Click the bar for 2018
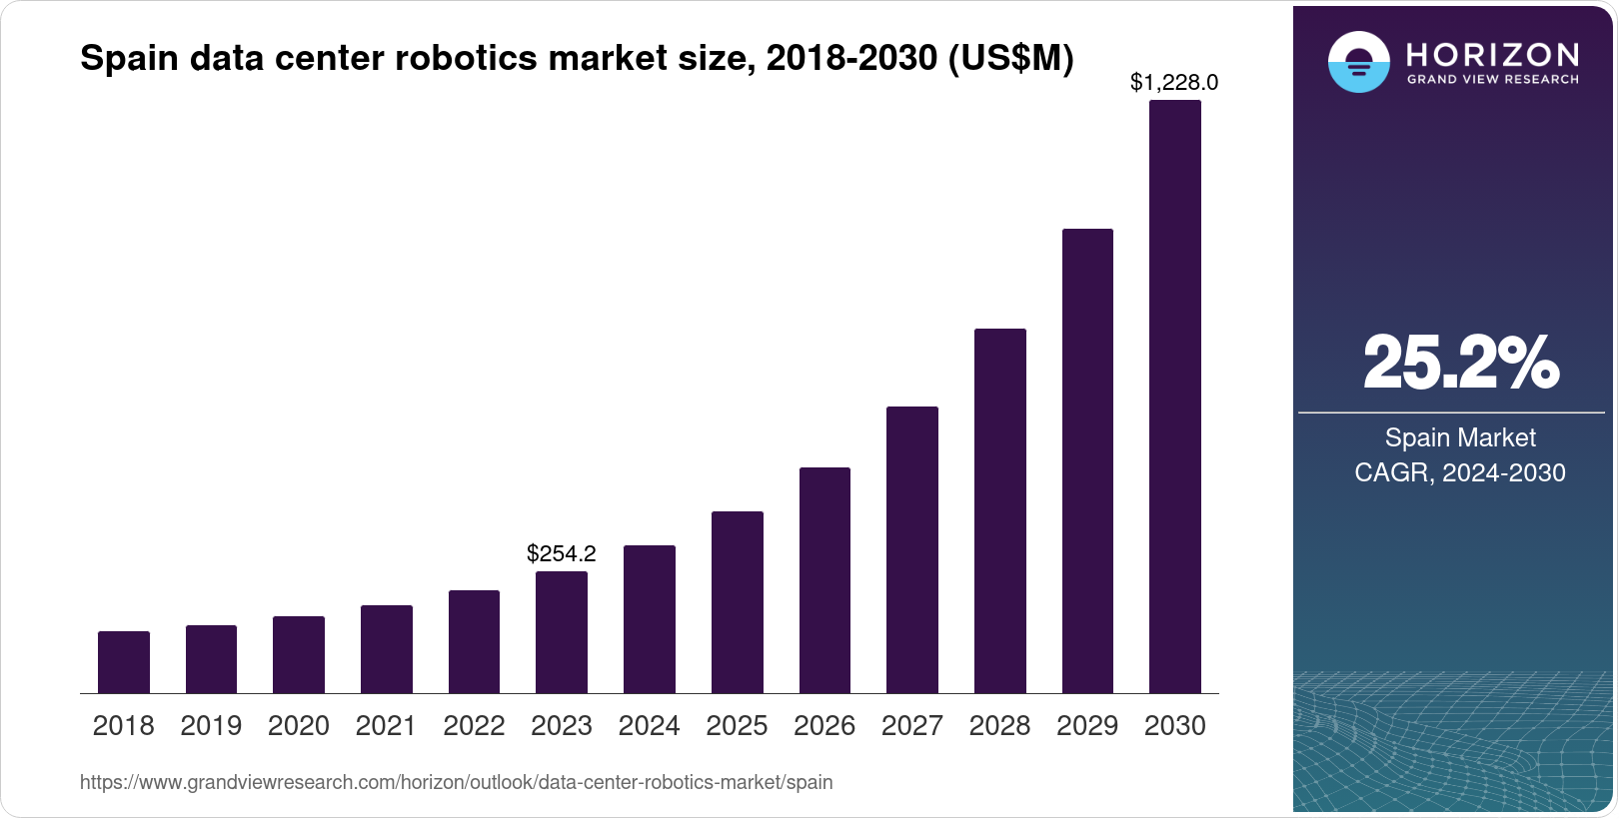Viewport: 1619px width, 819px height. (124, 662)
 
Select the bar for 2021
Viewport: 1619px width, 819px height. (387, 649)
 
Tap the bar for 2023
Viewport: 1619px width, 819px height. (562, 632)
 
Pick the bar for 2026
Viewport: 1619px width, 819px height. (824, 580)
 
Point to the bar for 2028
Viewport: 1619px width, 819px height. (999, 510)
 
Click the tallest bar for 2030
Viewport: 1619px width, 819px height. (1175, 397)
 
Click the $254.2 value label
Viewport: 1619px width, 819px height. (562, 553)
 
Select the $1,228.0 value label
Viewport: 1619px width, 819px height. (1174, 83)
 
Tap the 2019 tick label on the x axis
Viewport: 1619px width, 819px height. (211, 726)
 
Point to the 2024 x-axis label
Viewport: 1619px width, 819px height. (649, 726)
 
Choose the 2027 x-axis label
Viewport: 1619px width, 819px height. (911, 726)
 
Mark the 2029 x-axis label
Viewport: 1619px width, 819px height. (1087, 726)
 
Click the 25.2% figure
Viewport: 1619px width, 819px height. (1460, 363)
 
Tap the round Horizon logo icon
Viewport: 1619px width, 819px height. (1358, 62)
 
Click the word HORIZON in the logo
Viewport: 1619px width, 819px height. (1492, 54)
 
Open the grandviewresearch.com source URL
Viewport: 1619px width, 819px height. (456, 782)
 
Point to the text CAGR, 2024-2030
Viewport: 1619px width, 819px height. (1459, 472)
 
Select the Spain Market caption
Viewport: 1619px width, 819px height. (1459, 437)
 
